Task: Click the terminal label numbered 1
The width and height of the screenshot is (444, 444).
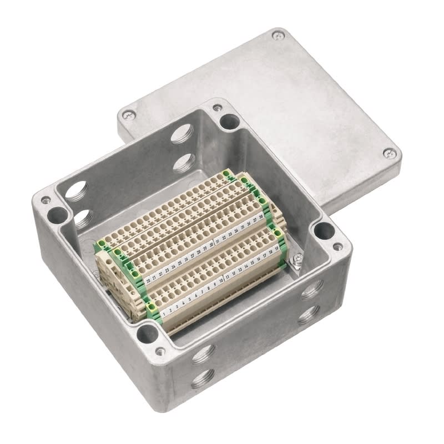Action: [x=164, y=313]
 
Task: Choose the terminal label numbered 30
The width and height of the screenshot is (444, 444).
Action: [x=211, y=245]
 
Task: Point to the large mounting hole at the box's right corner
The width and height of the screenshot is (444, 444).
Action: [x=322, y=229]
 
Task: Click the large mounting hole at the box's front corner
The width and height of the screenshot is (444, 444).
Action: [x=147, y=333]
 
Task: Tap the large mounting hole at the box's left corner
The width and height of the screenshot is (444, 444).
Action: [x=56, y=214]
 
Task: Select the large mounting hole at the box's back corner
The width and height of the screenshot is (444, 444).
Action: [x=228, y=120]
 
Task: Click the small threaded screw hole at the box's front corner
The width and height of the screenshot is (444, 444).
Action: [x=160, y=351]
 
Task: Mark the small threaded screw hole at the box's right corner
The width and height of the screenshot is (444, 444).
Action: [x=337, y=246]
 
